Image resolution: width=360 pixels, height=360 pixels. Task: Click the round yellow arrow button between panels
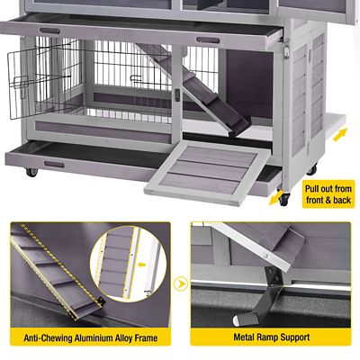(180, 285)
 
